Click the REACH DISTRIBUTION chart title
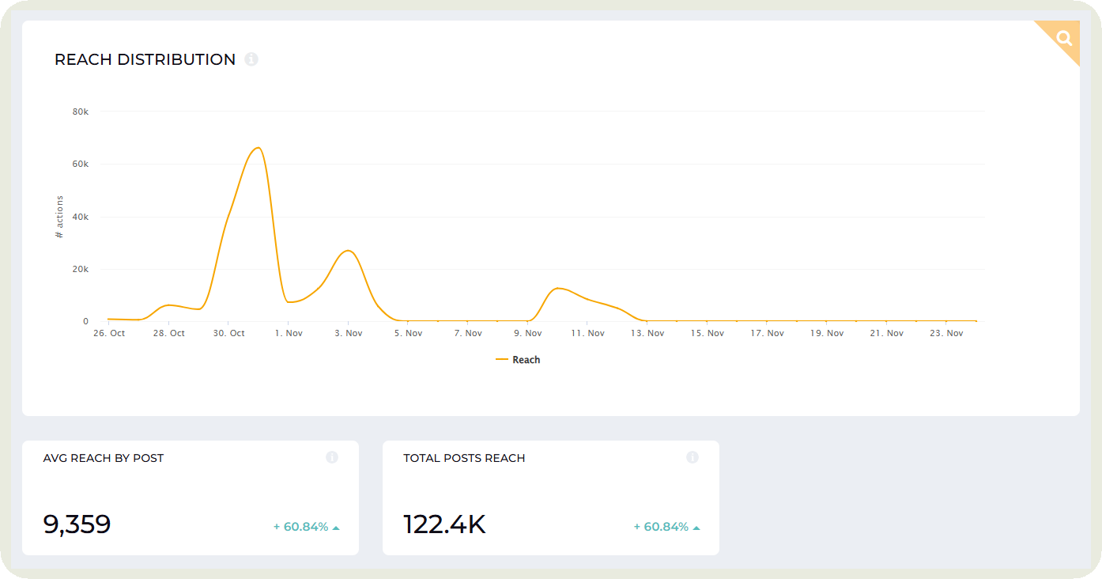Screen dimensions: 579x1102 tap(145, 60)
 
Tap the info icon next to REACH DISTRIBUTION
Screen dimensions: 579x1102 tap(251, 59)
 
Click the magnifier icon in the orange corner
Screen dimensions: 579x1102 tap(1064, 38)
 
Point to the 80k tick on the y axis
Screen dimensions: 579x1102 tap(81, 112)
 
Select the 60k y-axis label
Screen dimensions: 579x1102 tap(81, 164)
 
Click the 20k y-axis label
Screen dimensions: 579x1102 tap(81, 269)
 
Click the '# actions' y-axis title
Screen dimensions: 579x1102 tap(59, 217)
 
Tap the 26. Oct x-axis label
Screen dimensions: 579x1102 tap(108, 334)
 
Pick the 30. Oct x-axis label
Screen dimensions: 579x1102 tap(228, 334)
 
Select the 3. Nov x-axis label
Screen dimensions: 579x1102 tap(348, 334)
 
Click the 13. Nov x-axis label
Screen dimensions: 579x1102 tap(647, 334)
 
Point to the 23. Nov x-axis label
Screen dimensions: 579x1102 tap(945, 334)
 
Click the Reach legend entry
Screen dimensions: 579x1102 tap(519, 360)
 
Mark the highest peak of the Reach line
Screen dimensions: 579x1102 tap(258, 148)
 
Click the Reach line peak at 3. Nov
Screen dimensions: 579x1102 tap(348, 251)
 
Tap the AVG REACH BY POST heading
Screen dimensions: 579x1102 tap(104, 458)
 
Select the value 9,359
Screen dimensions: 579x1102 tap(77, 524)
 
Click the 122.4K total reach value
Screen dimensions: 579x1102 tap(444, 524)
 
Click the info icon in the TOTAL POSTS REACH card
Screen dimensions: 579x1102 tap(693, 457)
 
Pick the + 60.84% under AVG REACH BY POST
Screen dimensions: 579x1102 tap(301, 527)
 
